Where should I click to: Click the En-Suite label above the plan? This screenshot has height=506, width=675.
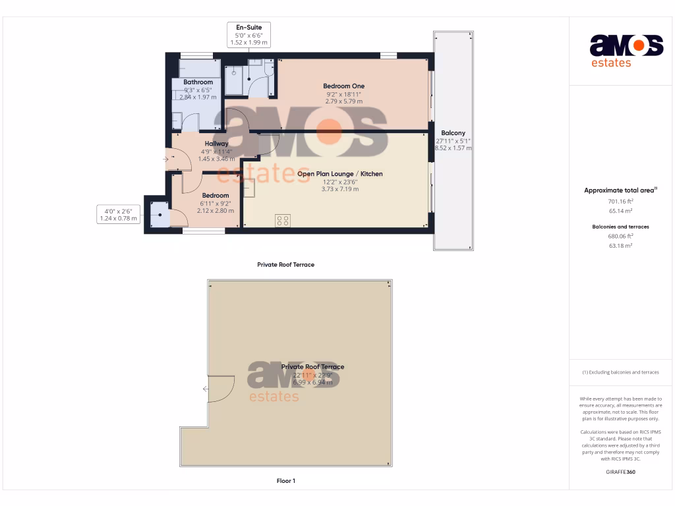(249, 28)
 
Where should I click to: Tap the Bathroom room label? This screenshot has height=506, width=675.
(198, 82)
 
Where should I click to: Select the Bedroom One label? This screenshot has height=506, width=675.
(343, 86)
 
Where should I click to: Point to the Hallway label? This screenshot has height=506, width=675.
(216, 144)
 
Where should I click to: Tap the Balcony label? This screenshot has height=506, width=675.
(453, 133)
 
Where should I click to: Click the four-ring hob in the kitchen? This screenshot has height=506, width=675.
(282, 221)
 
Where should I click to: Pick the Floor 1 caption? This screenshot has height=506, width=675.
(285, 481)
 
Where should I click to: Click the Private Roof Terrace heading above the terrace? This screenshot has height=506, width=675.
(285, 265)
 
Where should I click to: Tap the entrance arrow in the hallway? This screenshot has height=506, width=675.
(166, 159)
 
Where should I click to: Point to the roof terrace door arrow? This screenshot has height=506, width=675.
(206, 389)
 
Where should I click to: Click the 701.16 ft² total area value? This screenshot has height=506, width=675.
(620, 202)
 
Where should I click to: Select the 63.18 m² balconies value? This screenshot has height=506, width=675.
(620, 246)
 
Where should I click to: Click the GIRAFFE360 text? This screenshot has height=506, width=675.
(620, 472)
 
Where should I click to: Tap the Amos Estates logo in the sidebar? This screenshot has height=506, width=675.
(626, 51)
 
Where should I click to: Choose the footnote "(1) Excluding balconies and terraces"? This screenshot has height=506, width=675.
(620, 372)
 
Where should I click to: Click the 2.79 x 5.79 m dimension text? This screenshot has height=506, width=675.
(343, 101)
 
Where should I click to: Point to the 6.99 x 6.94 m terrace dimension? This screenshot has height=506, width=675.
(312, 382)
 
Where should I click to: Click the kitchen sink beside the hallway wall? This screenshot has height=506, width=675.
(249, 189)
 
